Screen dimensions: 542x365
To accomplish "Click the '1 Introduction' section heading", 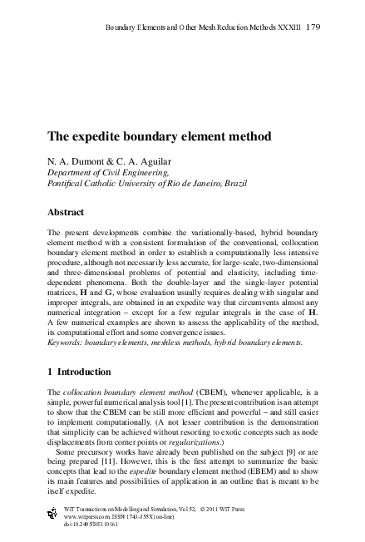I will click(86, 371).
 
